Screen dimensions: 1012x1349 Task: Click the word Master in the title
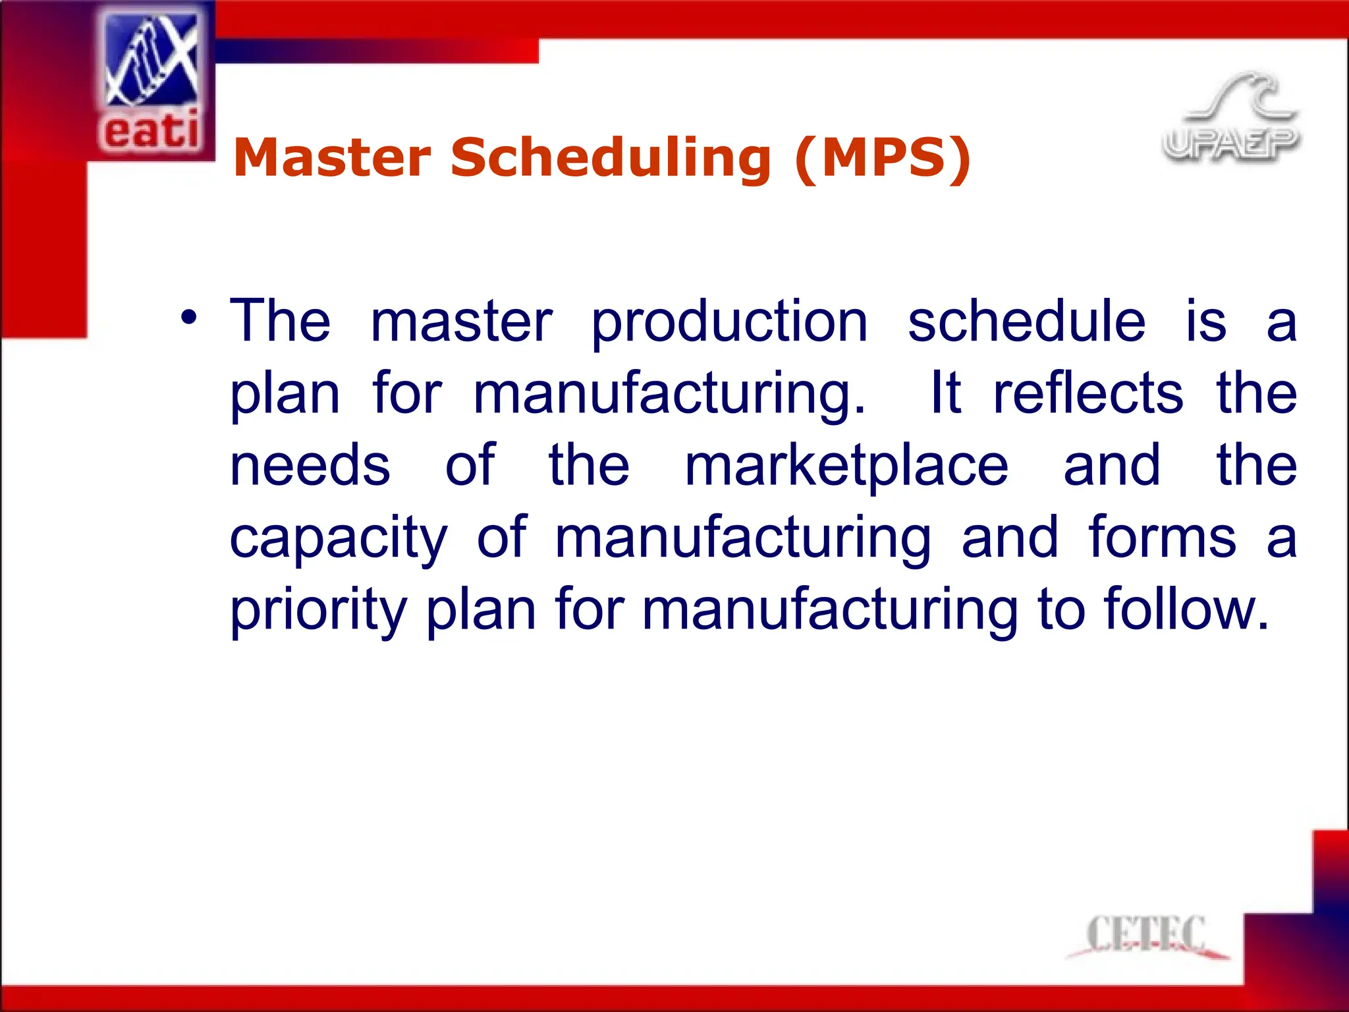(x=332, y=158)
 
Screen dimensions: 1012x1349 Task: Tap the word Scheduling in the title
(x=611, y=158)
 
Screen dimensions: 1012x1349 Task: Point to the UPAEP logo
(x=1230, y=119)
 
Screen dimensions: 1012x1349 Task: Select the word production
(x=729, y=323)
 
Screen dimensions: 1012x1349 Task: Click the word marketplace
(x=846, y=466)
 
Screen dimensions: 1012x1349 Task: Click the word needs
(x=310, y=466)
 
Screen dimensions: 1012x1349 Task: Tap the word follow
(x=1186, y=609)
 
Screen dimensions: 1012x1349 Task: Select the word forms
(x=1163, y=538)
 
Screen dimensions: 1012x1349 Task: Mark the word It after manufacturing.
(x=946, y=393)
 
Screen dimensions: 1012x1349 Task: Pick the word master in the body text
(x=462, y=322)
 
